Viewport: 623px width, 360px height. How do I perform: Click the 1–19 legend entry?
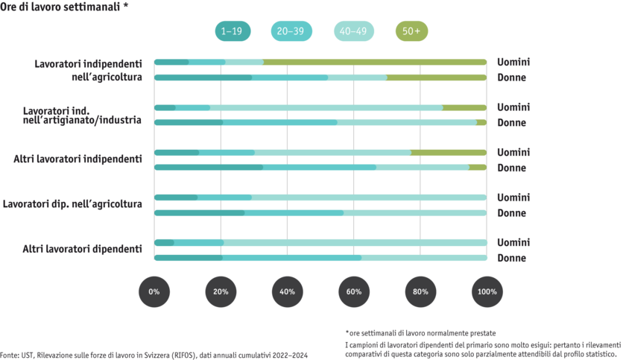click(232, 31)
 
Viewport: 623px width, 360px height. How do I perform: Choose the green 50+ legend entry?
click(412, 31)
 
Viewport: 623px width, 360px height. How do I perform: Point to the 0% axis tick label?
click(154, 291)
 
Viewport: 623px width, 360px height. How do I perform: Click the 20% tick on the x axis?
click(221, 291)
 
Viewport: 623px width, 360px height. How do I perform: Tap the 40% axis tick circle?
click(287, 291)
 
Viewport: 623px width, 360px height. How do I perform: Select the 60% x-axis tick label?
click(354, 291)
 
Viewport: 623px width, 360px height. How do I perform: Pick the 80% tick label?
click(420, 291)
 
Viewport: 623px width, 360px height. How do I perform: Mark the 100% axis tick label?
click(487, 291)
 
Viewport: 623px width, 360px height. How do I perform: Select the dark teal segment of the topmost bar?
click(171, 61)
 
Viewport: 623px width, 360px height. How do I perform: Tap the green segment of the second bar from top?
click(437, 77)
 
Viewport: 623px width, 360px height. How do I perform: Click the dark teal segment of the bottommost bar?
click(188, 258)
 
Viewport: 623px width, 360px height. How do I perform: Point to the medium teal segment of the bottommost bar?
click(291, 258)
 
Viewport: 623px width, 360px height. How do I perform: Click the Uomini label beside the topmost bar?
click(512, 61)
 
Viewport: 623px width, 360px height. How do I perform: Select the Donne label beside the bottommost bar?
click(512, 258)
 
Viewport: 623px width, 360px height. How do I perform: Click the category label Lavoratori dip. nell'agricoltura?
click(73, 203)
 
